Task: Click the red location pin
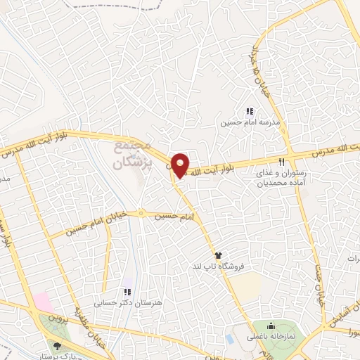(181, 165)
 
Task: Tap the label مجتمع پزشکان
(131, 153)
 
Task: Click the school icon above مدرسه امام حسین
(249, 111)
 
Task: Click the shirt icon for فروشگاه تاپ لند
(218, 255)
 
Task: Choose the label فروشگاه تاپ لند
(218, 267)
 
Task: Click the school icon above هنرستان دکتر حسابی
(127, 292)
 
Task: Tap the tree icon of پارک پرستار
(57, 345)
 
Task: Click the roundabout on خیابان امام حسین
(141, 212)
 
